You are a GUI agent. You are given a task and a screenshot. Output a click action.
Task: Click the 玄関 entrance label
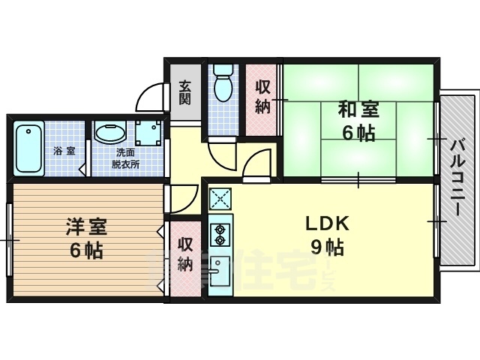tap(185, 94)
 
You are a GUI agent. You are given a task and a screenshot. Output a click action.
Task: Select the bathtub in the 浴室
tap(30, 148)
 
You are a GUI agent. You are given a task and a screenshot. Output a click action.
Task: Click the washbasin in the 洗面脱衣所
tap(111, 133)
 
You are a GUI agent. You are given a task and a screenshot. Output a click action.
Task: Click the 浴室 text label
tap(64, 151)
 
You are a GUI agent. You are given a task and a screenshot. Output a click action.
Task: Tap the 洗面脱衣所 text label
tap(126, 157)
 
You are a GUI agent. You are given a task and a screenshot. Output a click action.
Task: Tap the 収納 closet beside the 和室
tap(262, 97)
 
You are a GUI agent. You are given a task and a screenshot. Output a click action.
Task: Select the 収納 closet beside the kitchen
tap(185, 254)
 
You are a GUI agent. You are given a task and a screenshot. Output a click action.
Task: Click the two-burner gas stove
tap(220, 233)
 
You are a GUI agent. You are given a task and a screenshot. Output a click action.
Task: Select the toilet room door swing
tap(221, 155)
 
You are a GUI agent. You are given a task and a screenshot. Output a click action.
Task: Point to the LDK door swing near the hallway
tap(259, 163)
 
